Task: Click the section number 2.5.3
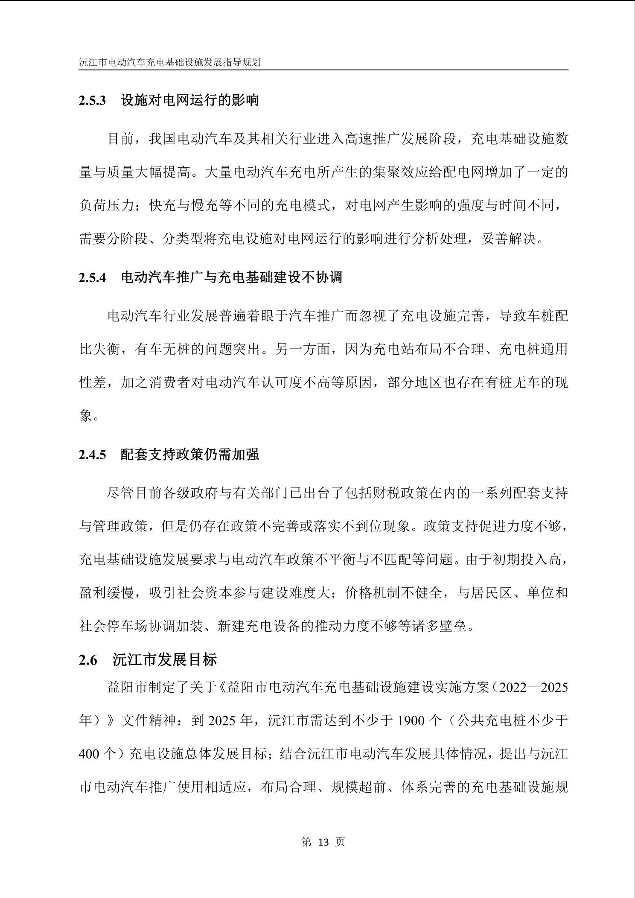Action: click(92, 101)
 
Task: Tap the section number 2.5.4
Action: click(92, 278)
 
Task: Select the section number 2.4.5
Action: click(92, 455)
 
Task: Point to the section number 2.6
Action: click(88, 660)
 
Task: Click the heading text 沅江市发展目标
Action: click(165, 660)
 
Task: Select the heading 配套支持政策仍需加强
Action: click(190, 455)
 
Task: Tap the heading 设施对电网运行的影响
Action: click(190, 101)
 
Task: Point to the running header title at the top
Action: click(170, 62)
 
